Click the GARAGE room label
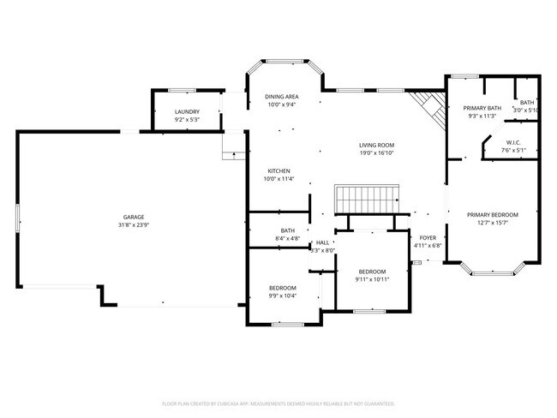point(133,217)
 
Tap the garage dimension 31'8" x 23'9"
point(133,224)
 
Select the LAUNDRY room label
point(187,112)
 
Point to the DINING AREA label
point(281,97)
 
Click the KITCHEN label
point(279,170)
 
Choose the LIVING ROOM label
point(376,145)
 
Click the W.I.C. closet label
point(513,142)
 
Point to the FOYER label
point(426,238)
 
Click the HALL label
point(323,242)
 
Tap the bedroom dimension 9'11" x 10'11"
point(373,279)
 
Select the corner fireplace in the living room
point(426,108)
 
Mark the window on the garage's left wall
point(17,216)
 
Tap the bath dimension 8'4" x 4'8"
point(287,237)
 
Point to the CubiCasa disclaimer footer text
point(278,403)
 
